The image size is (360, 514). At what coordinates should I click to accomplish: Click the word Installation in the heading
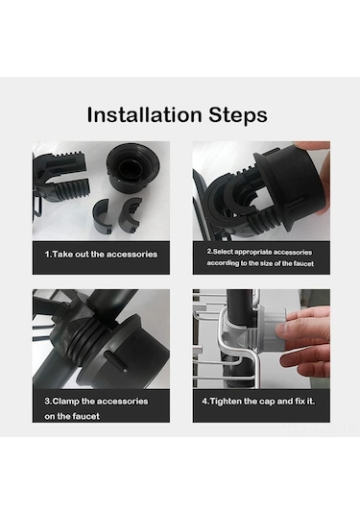[x=144, y=114]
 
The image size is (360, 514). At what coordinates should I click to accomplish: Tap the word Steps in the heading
[x=238, y=115]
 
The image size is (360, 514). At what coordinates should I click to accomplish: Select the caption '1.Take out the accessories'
[x=101, y=255]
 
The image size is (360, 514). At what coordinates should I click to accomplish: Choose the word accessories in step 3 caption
[x=122, y=402]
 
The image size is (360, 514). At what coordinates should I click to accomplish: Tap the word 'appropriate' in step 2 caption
[x=253, y=253]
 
